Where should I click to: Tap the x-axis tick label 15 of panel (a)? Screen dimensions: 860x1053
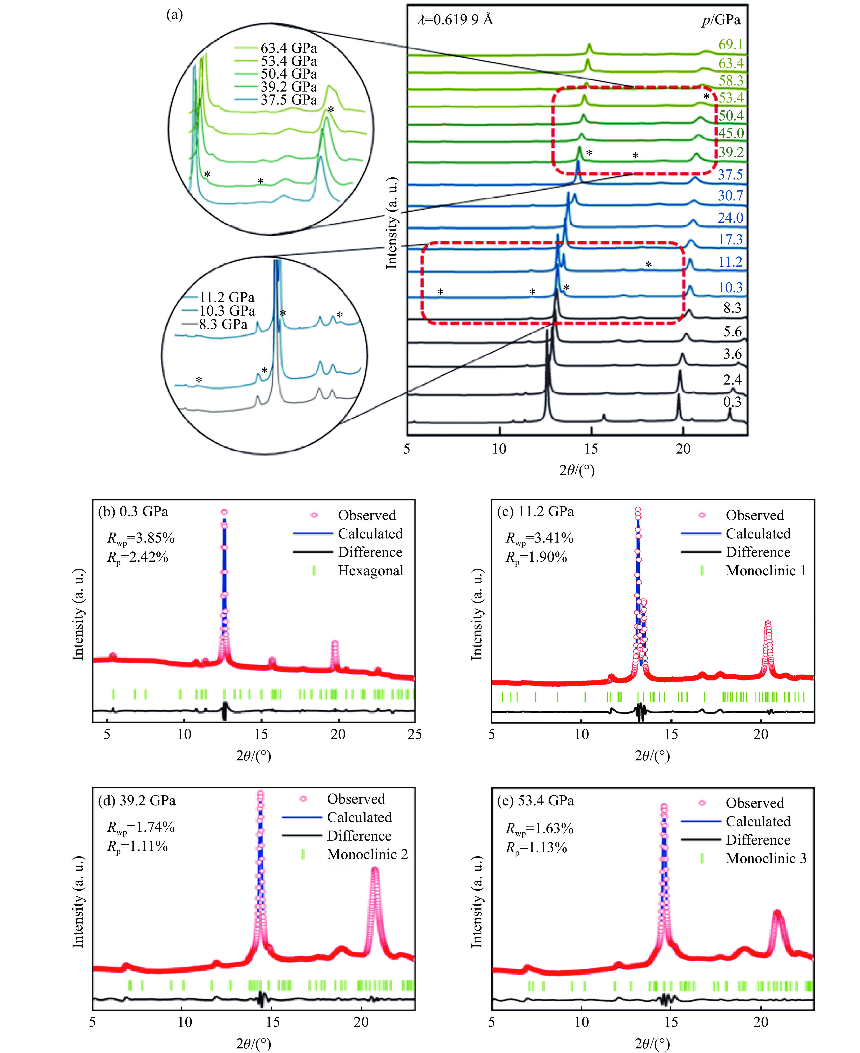click(x=591, y=449)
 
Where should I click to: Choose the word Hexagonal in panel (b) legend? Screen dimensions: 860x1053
click(x=371, y=571)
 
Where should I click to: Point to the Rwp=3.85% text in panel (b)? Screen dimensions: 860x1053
click(x=141, y=538)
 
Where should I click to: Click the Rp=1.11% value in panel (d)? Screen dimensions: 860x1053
click(x=138, y=846)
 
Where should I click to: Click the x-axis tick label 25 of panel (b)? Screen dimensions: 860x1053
click(x=415, y=734)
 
